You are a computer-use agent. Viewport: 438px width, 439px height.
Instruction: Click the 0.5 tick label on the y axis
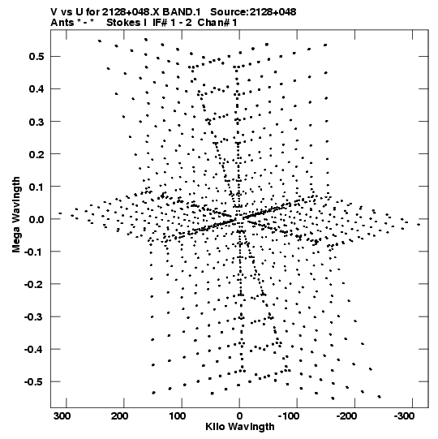[36, 57]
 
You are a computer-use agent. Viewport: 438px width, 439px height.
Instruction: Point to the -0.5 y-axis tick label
[34, 382]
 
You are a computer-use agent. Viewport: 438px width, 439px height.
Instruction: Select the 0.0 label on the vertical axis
[36, 219]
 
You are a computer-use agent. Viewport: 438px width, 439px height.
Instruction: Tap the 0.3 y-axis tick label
[36, 122]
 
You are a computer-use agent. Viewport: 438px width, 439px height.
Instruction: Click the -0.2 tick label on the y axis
[34, 285]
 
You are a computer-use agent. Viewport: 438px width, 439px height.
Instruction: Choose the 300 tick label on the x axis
[62, 416]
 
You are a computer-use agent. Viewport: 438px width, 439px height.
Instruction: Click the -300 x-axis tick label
[404, 416]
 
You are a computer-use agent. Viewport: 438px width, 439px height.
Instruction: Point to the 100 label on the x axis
[177, 416]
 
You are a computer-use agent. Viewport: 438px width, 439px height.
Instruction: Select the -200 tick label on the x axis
[346, 416]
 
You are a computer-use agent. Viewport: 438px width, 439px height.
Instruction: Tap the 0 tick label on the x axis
[239, 416]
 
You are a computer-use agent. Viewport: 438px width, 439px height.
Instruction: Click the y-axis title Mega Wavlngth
[16, 215]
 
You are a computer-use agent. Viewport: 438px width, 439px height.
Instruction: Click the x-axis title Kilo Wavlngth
[240, 427]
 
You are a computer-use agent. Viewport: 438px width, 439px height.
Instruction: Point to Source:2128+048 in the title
[253, 12]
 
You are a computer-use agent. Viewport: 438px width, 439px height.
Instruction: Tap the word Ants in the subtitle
[62, 23]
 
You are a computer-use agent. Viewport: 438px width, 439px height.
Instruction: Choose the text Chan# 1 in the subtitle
[217, 23]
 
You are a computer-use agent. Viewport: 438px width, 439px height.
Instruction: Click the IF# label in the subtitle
[160, 23]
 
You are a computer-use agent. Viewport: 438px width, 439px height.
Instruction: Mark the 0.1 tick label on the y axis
[36, 187]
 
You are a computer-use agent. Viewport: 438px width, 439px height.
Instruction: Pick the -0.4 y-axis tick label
[34, 350]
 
